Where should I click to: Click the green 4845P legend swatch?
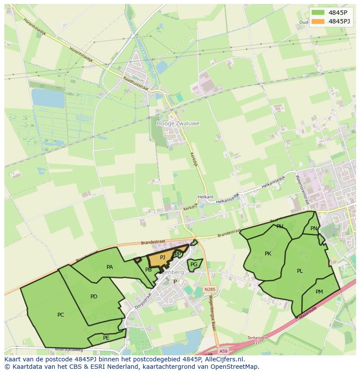318,13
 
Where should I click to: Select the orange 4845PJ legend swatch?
318,21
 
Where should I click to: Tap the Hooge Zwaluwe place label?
178,123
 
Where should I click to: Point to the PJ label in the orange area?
163,258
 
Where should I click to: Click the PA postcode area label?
110,267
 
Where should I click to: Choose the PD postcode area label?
94,297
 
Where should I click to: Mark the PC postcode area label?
60,315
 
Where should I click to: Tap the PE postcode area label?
106,338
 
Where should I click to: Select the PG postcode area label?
194,264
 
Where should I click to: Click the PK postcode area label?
268,254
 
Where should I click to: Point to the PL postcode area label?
300,271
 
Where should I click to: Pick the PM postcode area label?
319,292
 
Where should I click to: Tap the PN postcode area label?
314,228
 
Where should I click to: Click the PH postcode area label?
280,226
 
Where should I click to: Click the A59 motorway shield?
223,351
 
